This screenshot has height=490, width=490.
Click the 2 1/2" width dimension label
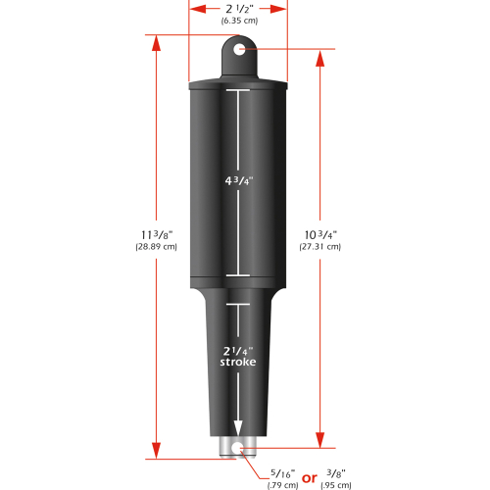(x=238, y=9)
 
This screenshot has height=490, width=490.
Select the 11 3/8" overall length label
(x=155, y=234)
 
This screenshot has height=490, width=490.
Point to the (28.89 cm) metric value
(x=155, y=248)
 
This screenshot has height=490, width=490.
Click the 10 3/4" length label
(x=320, y=234)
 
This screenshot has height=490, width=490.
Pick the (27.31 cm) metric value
(x=320, y=248)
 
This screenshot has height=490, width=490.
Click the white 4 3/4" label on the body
(x=236, y=182)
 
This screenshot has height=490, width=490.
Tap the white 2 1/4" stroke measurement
(x=236, y=350)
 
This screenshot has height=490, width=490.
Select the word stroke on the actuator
(x=236, y=364)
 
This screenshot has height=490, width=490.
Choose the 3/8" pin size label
(x=336, y=473)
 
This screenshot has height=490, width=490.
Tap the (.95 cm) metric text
(x=336, y=485)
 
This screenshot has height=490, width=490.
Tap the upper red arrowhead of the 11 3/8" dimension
(x=155, y=40)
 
